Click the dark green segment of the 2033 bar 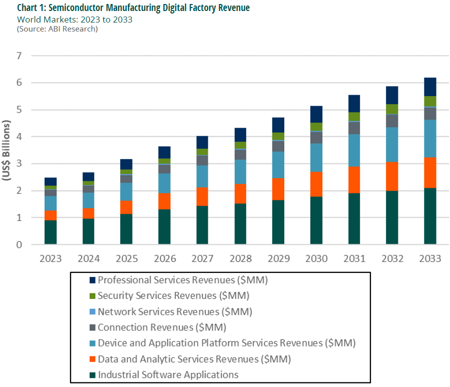click(x=430, y=216)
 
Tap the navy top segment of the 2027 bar click(x=202, y=142)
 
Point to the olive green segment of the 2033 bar click(x=430, y=101)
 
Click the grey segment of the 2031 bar click(x=354, y=128)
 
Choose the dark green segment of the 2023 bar click(x=51, y=232)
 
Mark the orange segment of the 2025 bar click(x=126, y=207)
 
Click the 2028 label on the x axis click(x=240, y=258)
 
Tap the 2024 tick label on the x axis click(x=89, y=258)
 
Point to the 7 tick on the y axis click(x=19, y=56)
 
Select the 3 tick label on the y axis click(x=19, y=164)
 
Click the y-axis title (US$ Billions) click(x=8, y=150)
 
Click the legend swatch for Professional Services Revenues click(x=92, y=280)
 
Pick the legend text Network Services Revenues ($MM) click(x=175, y=311)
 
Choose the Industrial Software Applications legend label click(x=168, y=374)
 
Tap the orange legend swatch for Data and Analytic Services click(x=92, y=359)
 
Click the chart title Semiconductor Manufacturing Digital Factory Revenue click(x=133, y=8)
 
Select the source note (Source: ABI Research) click(x=57, y=29)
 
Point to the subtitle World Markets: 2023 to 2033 click(x=75, y=19)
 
